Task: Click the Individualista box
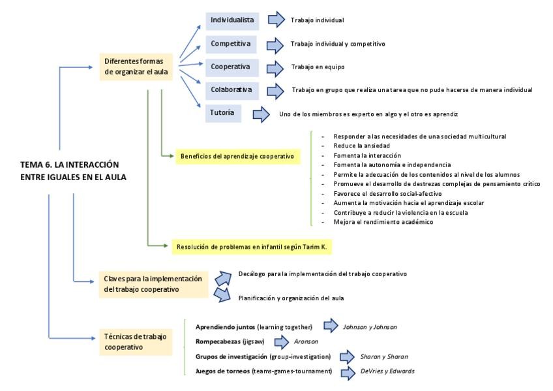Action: coord(232,21)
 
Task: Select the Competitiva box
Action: coord(232,44)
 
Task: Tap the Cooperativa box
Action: coord(232,67)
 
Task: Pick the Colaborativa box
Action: coord(232,89)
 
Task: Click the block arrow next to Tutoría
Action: coord(261,114)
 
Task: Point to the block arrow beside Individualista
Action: coord(276,21)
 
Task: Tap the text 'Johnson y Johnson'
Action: coord(370,326)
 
